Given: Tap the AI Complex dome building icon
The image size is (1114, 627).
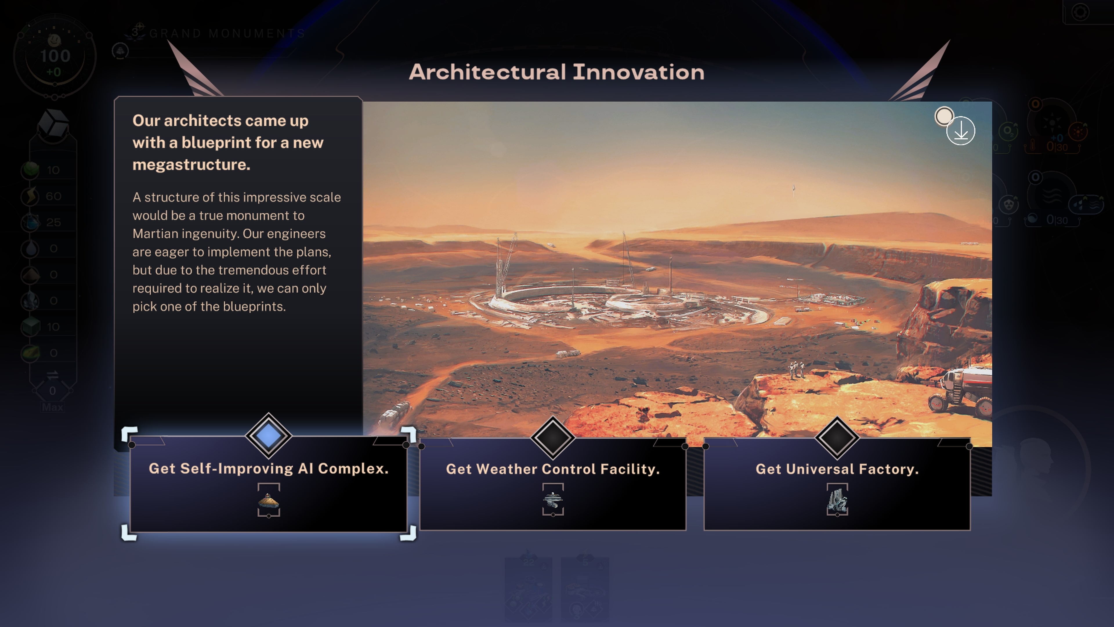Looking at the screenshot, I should pyautogui.click(x=269, y=501).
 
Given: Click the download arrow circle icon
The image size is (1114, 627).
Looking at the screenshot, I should pyautogui.click(x=961, y=131).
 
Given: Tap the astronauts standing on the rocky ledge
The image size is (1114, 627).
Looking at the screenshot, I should pyautogui.click(x=797, y=370).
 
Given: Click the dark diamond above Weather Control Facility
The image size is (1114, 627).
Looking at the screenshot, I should pyautogui.click(x=553, y=437).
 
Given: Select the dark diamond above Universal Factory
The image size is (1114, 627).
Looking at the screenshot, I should pyautogui.click(x=837, y=437).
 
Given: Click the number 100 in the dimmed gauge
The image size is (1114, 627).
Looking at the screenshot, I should pyautogui.click(x=55, y=56).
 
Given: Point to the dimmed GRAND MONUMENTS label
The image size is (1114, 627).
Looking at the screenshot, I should pyautogui.click(x=227, y=33).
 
